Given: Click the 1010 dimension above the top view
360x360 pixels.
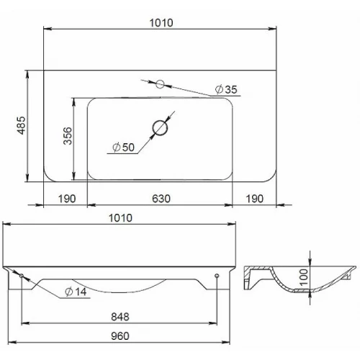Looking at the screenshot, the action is pos(161,23).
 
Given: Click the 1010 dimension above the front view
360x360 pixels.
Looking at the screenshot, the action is pos(120,218).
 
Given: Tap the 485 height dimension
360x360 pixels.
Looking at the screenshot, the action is pos(22,125).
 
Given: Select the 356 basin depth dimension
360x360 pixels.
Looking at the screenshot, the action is pos(68,136).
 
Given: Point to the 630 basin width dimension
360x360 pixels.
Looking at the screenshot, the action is pos(161,199).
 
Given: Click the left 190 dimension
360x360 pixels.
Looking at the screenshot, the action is pos(67,199).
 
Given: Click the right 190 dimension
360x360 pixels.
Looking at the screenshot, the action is pos(255,199).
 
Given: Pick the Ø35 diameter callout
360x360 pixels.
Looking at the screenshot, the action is pos(226,89).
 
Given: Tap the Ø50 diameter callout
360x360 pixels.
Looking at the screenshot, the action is pos(123,147).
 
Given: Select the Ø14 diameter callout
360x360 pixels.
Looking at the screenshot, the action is pos(76,292).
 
